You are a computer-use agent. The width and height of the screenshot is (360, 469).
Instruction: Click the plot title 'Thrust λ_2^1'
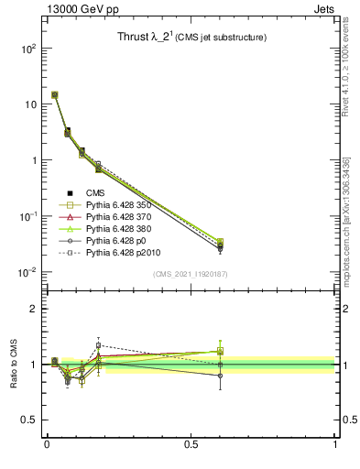[x=150, y=38]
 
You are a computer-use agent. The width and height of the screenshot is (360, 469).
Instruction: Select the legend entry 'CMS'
[x=94, y=192]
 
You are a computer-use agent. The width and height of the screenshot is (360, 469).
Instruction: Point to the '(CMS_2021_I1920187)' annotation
[x=189, y=274]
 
